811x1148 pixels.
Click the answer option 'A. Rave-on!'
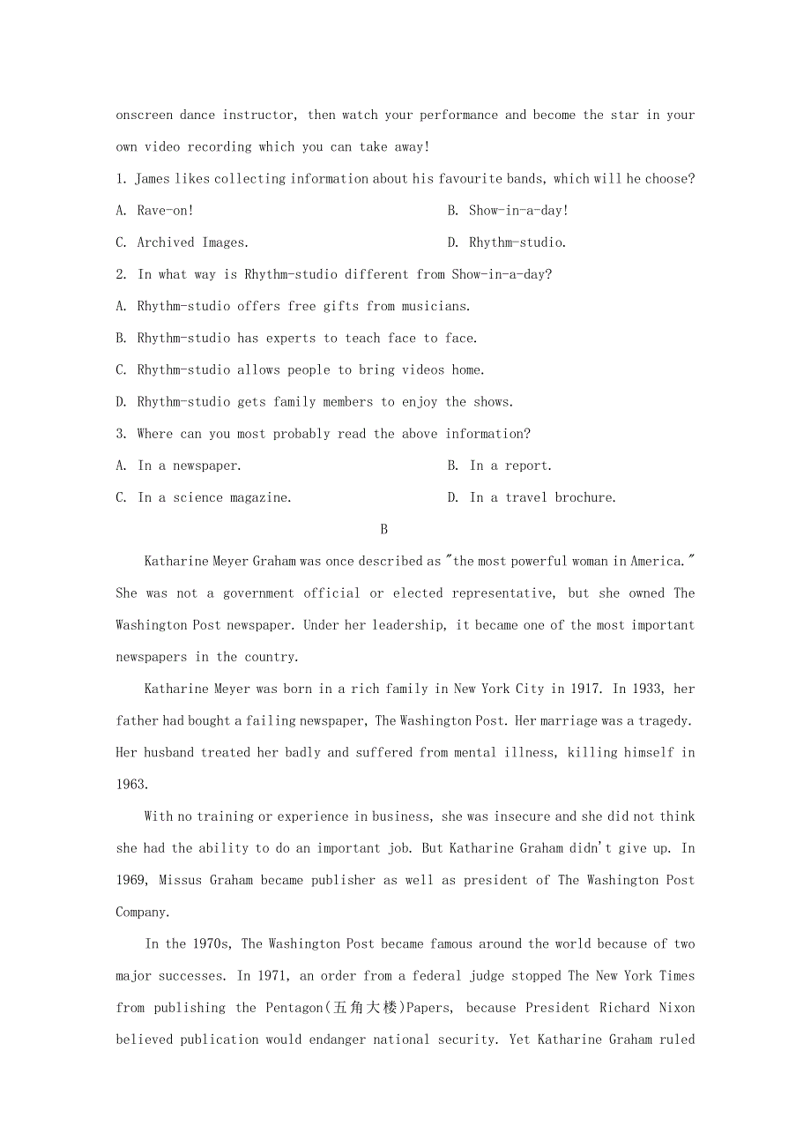(155, 211)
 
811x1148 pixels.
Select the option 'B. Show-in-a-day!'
(508, 211)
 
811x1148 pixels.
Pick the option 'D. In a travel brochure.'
(532, 497)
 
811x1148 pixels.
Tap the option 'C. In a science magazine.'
(204, 497)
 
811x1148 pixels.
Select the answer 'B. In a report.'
(500, 466)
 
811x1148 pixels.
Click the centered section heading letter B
(383, 529)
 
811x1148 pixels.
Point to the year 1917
(584, 689)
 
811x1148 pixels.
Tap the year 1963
(131, 784)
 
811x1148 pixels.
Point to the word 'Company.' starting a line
(142, 912)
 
